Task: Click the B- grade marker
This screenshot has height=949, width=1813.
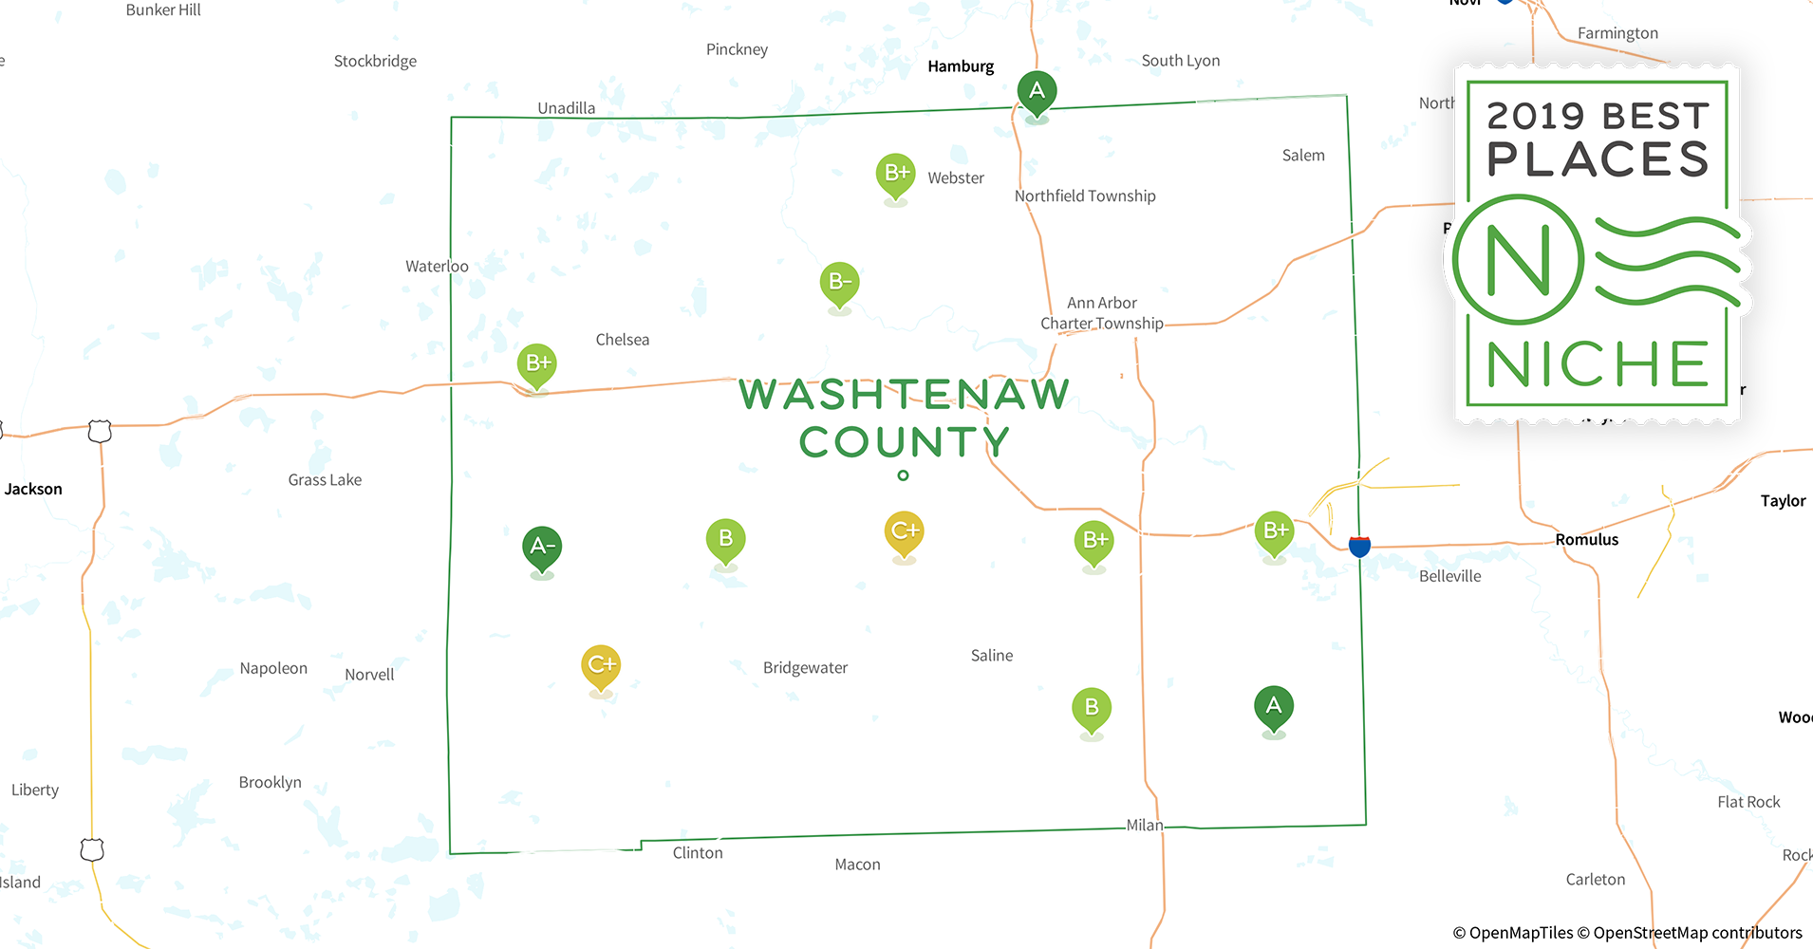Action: pyautogui.click(x=839, y=283)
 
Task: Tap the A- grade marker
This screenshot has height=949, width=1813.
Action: pyautogui.click(x=542, y=548)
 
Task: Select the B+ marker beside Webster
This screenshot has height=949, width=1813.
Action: pyautogui.click(x=896, y=174)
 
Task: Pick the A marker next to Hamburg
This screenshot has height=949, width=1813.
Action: pyautogui.click(x=1037, y=92)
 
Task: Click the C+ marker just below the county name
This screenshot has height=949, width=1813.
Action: pyautogui.click(x=904, y=531)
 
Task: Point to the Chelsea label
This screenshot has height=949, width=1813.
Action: pyautogui.click(x=623, y=340)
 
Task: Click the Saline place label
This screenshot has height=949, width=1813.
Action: pyautogui.click(x=992, y=656)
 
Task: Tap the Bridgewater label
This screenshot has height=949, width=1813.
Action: pyautogui.click(x=805, y=668)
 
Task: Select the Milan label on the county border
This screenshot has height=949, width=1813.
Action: pyautogui.click(x=1145, y=826)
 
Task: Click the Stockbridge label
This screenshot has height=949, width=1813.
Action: pyautogui.click(x=375, y=62)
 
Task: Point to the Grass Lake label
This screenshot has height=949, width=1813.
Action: pyautogui.click(x=325, y=480)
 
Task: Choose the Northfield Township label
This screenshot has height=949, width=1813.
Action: pyautogui.click(x=1085, y=196)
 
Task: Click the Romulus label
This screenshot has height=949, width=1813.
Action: pyautogui.click(x=1586, y=540)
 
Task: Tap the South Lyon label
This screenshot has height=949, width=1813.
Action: pyautogui.click(x=1181, y=61)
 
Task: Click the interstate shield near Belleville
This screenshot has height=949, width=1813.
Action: pyautogui.click(x=1359, y=546)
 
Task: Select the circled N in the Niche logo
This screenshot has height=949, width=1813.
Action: pyautogui.click(x=1518, y=259)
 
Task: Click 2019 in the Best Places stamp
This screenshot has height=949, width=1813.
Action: pyautogui.click(x=1536, y=117)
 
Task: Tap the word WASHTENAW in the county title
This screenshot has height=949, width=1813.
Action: pyautogui.click(x=904, y=395)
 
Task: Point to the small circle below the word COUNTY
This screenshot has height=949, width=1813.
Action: pyautogui.click(x=903, y=475)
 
